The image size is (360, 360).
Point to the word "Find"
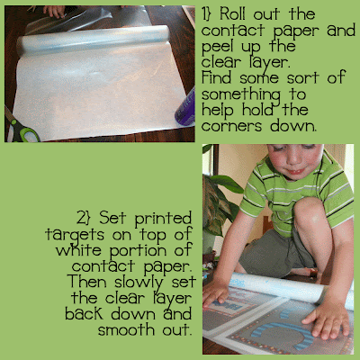click(216, 77)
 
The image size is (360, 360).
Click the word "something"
click(241, 95)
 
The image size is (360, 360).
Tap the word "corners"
click(231, 126)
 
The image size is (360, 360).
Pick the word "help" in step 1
click(218, 110)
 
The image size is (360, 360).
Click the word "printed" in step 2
click(163, 219)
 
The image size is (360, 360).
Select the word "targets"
click(75, 235)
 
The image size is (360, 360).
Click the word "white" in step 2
click(78, 249)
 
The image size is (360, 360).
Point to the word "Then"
click(87, 282)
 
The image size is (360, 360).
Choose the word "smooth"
click(126, 329)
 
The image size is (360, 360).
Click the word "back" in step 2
click(85, 313)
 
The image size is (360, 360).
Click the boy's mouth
click(295, 171)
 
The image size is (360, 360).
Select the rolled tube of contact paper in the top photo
click(93, 40)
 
